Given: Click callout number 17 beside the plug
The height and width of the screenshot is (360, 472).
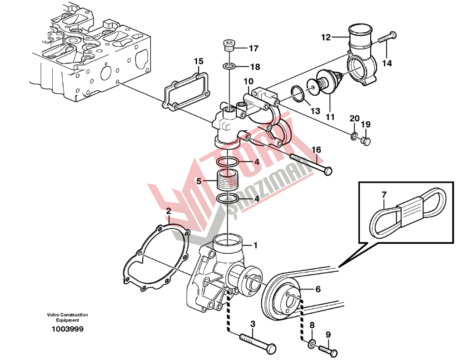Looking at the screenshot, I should (253, 48).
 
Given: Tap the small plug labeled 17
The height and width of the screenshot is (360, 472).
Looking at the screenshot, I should (229, 47).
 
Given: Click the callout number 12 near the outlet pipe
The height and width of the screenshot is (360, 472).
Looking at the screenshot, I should (326, 38).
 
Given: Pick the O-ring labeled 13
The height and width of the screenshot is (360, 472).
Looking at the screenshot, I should (298, 94).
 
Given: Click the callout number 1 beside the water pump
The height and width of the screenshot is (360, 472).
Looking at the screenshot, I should (255, 245).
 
